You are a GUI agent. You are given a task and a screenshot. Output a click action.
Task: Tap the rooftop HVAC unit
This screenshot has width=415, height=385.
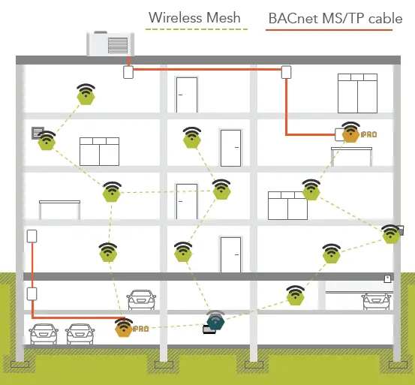point(113,44)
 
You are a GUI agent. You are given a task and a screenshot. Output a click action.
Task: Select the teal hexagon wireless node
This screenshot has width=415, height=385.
point(216,323)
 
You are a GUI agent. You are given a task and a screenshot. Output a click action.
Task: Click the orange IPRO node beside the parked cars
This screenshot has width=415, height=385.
point(123,328)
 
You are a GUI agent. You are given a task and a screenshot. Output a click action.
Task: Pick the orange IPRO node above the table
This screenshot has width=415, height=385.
point(350,134)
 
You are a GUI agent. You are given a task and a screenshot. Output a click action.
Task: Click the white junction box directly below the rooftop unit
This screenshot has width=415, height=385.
point(128,73)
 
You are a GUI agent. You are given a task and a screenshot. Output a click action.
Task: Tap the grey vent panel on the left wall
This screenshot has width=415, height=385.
point(36,134)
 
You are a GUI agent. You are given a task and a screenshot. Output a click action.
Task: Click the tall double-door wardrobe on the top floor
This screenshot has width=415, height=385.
point(356,93)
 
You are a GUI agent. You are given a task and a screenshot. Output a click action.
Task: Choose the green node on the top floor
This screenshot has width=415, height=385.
point(86,95)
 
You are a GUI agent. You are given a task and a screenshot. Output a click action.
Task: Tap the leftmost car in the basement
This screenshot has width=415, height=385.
point(44,333)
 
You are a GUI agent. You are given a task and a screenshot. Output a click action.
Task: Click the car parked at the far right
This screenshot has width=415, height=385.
point(374,300)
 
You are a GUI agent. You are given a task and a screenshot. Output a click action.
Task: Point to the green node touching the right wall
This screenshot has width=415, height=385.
point(390,234)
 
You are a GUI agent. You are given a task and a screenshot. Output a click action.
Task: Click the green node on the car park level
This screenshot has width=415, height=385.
point(296,297)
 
